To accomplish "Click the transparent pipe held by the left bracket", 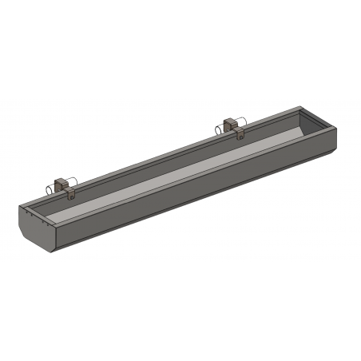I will click(54, 188).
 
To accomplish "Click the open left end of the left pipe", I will click(47, 190).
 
